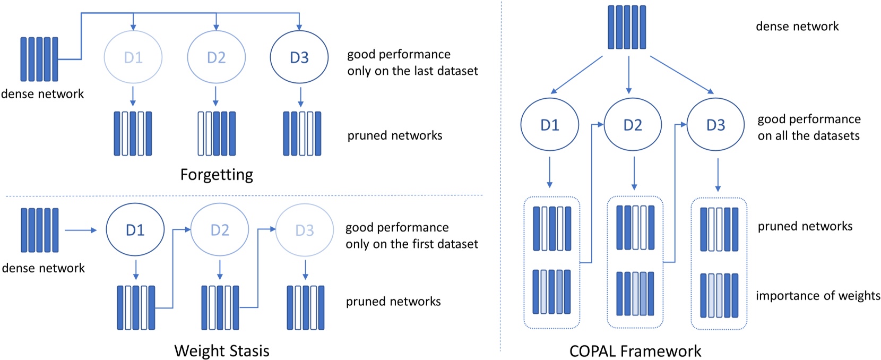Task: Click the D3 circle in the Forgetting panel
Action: click(299, 57)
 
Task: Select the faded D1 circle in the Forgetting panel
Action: click(133, 57)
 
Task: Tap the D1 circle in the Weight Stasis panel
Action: click(135, 230)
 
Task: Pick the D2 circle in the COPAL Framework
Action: click(633, 125)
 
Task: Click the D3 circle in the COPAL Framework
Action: click(715, 125)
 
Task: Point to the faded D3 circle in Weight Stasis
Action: click(304, 230)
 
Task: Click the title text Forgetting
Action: click(217, 175)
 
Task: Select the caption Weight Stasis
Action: click(221, 351)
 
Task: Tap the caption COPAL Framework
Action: click(635, 351)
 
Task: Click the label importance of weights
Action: click(817, 296)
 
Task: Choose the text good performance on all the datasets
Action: click(808, 127)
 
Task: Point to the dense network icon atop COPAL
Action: click(627, 27)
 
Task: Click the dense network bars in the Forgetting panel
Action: click(39, 59)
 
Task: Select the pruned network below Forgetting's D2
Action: click(217, 133)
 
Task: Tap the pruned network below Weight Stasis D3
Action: click(305, 307)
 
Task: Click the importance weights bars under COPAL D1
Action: click(552, 292)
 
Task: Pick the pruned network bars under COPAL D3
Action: click(719, 229)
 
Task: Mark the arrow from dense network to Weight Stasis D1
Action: click(81, 230)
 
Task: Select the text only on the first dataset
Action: click(411, 244)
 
